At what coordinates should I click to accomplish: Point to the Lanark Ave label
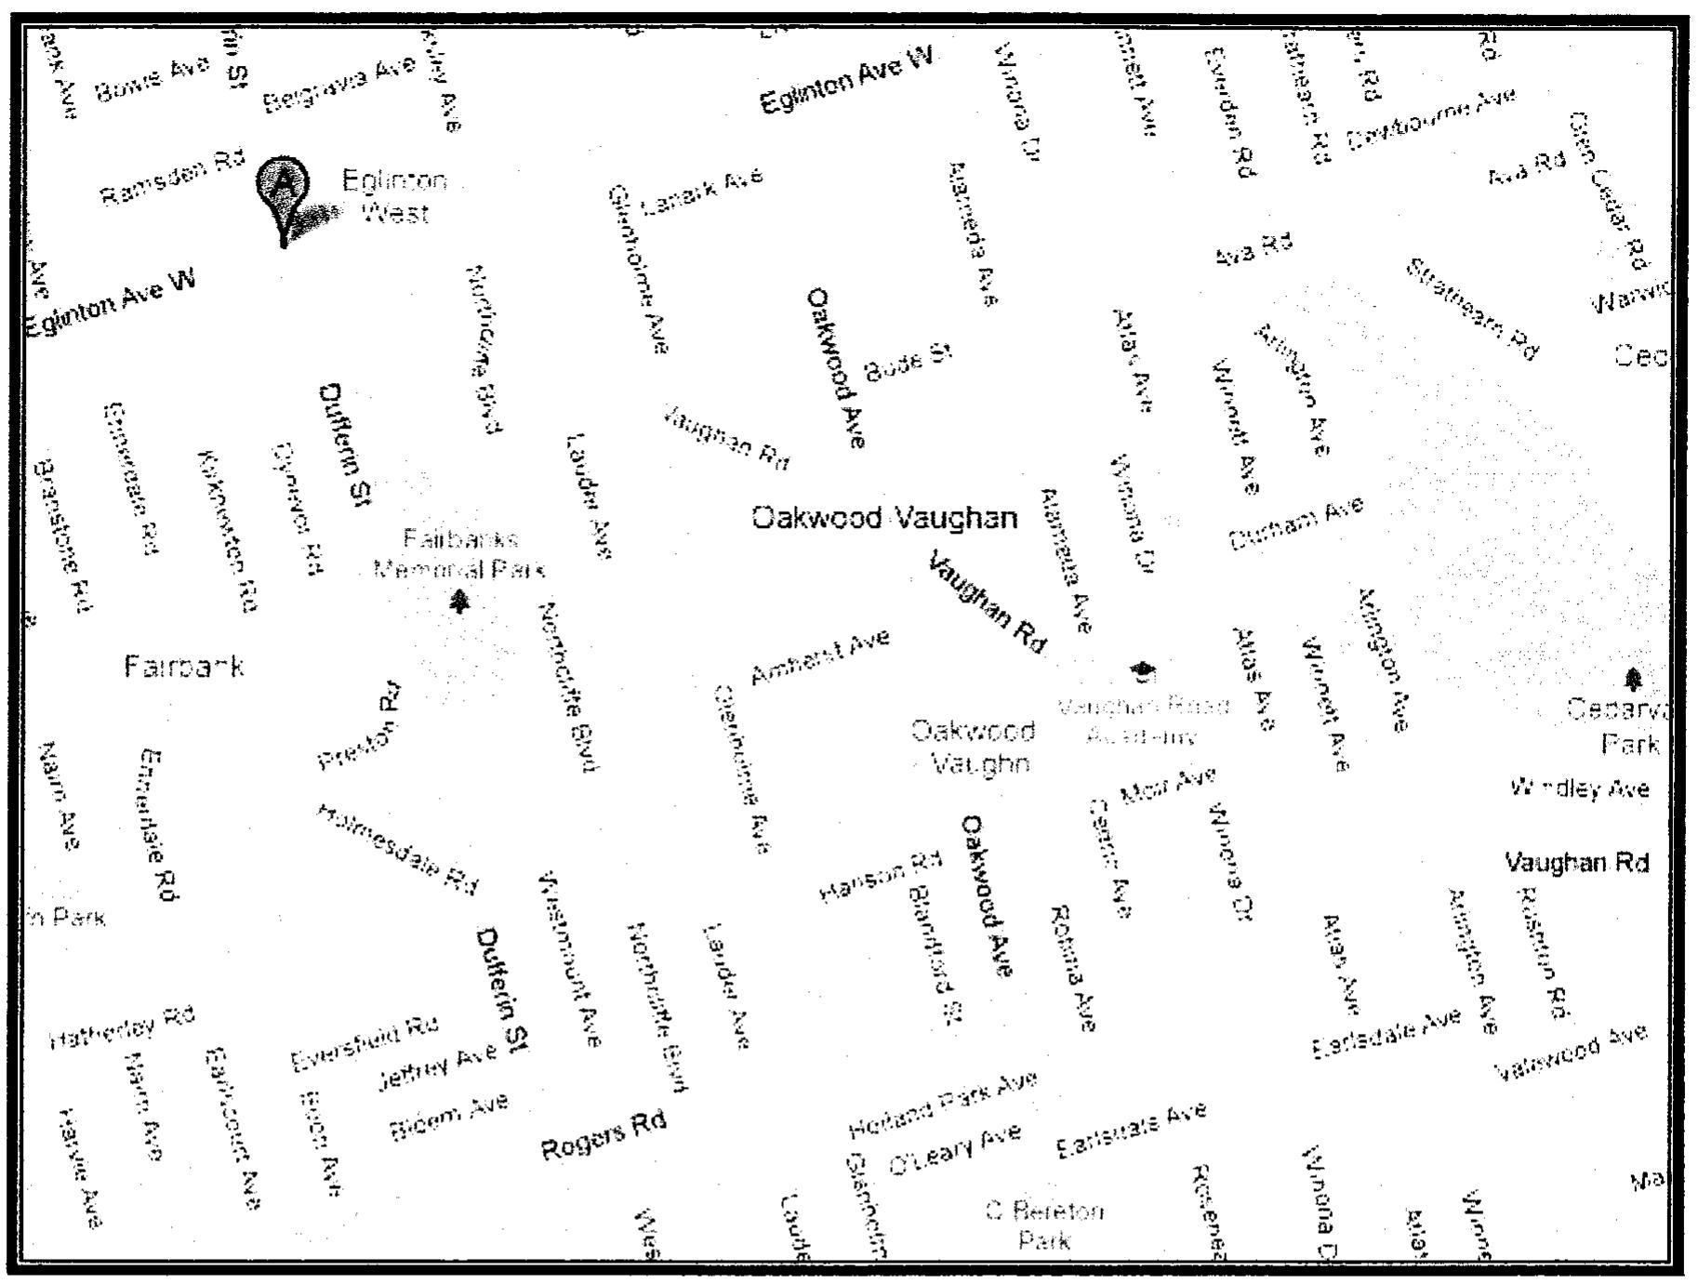click(x=702, y=191)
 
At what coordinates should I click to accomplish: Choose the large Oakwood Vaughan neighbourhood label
click(x=884, y=517)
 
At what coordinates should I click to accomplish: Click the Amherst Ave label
click(x=819, y=656)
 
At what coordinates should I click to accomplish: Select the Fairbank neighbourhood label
click(x=184, y=666)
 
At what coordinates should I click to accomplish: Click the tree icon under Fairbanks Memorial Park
click(x=459, y=602)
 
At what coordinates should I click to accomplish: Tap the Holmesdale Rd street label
click(x=397, y=848)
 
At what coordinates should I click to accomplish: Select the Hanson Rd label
click(x=880, y=876)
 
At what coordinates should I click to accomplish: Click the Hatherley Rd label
click(x=122, y=1027)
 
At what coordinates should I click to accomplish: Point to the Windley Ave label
click(x=1580, y=789)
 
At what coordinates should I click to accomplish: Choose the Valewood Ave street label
click(x=1571, y=1053)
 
